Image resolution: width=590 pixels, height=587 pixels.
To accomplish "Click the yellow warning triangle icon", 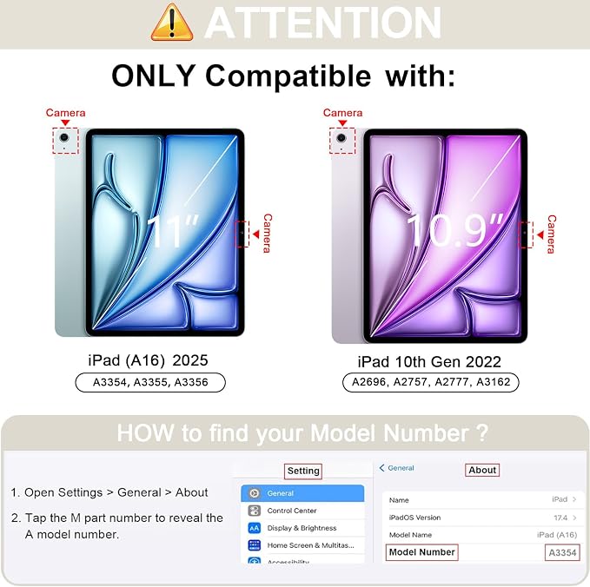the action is [172, 23].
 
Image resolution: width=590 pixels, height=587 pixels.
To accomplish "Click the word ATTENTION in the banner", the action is [323, 23].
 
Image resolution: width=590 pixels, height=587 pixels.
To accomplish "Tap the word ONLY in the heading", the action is [154, 76].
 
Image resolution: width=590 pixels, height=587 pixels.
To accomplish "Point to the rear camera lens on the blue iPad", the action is [64, 137].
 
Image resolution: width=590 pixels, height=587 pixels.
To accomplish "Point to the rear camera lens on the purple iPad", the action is [341, 137].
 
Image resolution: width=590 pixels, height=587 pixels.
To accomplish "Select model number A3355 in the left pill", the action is [150, 382].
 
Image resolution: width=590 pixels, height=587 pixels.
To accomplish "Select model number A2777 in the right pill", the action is [452, 382].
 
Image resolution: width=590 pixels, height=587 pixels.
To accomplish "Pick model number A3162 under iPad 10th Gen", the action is [494, 382].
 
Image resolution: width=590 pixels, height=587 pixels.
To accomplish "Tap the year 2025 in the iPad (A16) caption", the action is [190, 360].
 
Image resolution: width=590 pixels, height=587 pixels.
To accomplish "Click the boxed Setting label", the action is [303, 471].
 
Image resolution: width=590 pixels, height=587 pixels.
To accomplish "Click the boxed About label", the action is [482, 470].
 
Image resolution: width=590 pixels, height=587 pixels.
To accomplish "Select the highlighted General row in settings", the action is [302, 493].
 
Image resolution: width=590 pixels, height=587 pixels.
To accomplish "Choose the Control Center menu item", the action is [292, 511].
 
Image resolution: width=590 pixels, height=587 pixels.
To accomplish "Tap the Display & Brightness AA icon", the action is [255, 528].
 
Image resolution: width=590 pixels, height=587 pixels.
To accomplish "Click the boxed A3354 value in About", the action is [562, 553].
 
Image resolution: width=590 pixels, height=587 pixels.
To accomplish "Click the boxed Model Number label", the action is [421, 552].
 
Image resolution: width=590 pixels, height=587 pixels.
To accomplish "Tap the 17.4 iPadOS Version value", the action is [560, 518].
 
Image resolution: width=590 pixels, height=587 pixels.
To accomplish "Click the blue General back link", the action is [396, 468].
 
